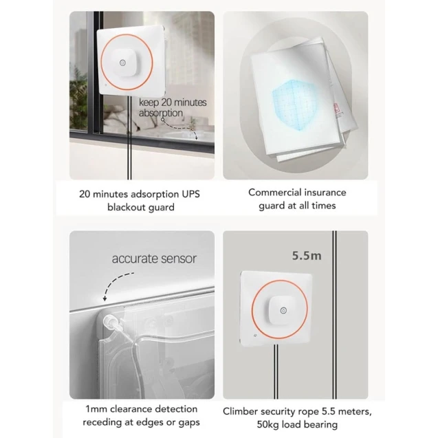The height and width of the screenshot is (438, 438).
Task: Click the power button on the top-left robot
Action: [122, 63]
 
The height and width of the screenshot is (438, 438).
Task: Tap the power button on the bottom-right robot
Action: [283, 310]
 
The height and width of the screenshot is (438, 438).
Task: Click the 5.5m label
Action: [307, 256]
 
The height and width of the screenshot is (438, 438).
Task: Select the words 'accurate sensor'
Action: [154, 259]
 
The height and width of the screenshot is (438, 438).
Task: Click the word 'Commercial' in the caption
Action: [275, 193]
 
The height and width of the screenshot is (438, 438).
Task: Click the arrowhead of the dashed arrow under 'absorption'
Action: [196, 138]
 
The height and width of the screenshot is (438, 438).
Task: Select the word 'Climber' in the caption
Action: [241, 411]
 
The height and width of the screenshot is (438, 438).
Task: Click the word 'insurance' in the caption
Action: [325, 193]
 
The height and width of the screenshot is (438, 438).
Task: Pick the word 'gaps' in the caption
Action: [188, 423]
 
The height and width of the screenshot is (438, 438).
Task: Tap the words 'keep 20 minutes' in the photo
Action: [173, 102]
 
